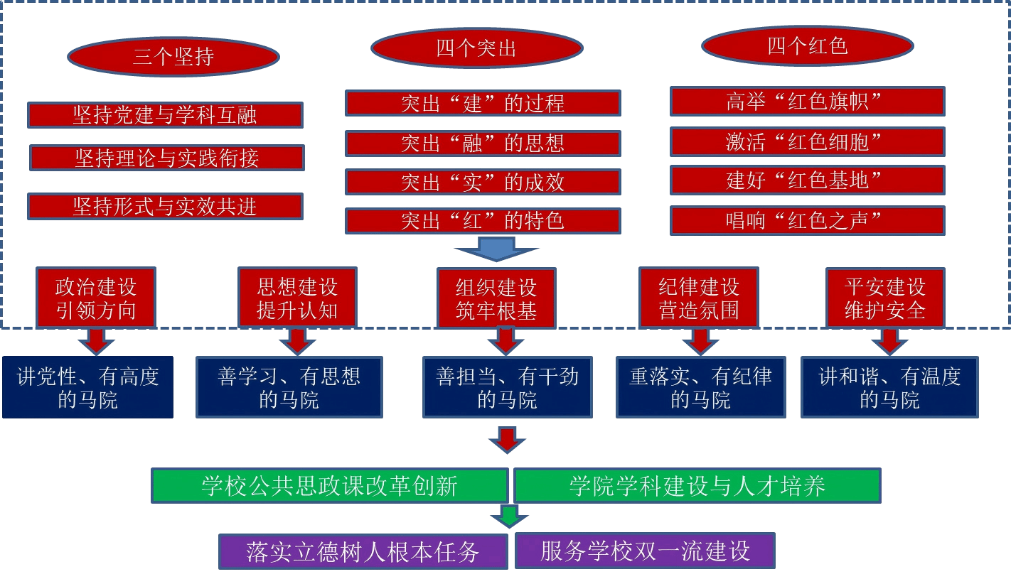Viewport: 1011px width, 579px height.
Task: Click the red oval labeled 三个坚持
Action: click(173, 57)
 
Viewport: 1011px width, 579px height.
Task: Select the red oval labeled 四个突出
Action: click(476, 48)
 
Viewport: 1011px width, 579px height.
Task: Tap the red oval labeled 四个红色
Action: click(807, 46)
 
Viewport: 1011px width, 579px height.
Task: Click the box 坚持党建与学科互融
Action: click(165, 114)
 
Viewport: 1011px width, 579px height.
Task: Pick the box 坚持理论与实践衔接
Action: click(167, 158)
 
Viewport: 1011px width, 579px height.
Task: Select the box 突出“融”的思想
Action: click(483, 143)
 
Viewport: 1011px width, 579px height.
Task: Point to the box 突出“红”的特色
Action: click(483, 220)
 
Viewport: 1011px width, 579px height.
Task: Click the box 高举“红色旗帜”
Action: click(807, 101)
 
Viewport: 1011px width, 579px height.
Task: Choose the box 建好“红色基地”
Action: click(807, 180)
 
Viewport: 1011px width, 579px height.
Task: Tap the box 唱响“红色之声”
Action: click(807, 220)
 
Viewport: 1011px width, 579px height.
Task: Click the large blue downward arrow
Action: click(496, 249)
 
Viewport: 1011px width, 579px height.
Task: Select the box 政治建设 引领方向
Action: click(96, 298)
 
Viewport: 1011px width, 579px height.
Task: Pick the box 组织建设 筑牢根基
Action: click(496, 298)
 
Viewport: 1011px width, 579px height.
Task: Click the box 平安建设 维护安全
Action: click(885, 298)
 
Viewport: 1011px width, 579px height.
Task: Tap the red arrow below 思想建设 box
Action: click(296, 341)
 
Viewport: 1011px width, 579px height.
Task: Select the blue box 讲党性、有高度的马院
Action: click(87, 387)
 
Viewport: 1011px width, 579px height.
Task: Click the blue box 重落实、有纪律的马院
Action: click(700, 387)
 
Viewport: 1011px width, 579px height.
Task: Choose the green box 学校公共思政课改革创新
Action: click(330, 486)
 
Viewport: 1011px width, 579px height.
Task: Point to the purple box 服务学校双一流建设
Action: click(645, 551)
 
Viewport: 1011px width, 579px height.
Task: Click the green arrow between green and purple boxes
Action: click(509, 516)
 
